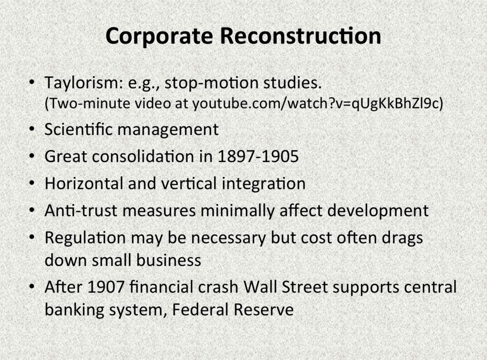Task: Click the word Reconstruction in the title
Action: tap(301, 36)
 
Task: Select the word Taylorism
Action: tap(84, 83)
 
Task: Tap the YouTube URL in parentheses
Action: tap(317, 104)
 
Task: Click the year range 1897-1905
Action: tap(258, 156)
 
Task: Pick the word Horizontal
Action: tap(84, 183)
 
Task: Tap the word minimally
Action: tap(237, 211)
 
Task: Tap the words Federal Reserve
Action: tap(233, 310)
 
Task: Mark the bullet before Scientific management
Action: tap(32, 129)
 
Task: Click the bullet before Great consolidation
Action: tap(32, 156)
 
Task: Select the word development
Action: tap(378, 211)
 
